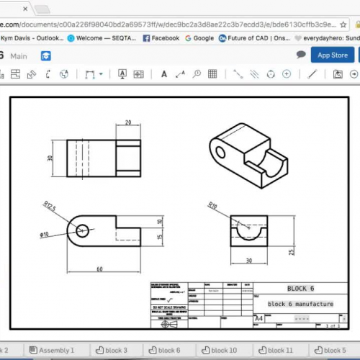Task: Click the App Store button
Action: click(x=333, y=55)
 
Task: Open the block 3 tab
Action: click(x=114, y=350)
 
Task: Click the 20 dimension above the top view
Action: click(x=128, y=122)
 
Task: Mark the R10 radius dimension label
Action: click(x=212, y=205)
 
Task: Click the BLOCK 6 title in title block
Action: click(x=301, y=288)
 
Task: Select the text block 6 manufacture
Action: click(x=300, y=304)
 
